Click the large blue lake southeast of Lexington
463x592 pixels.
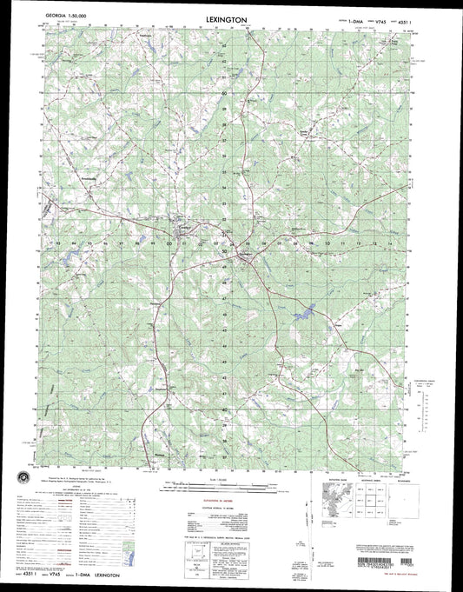point(303,311)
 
